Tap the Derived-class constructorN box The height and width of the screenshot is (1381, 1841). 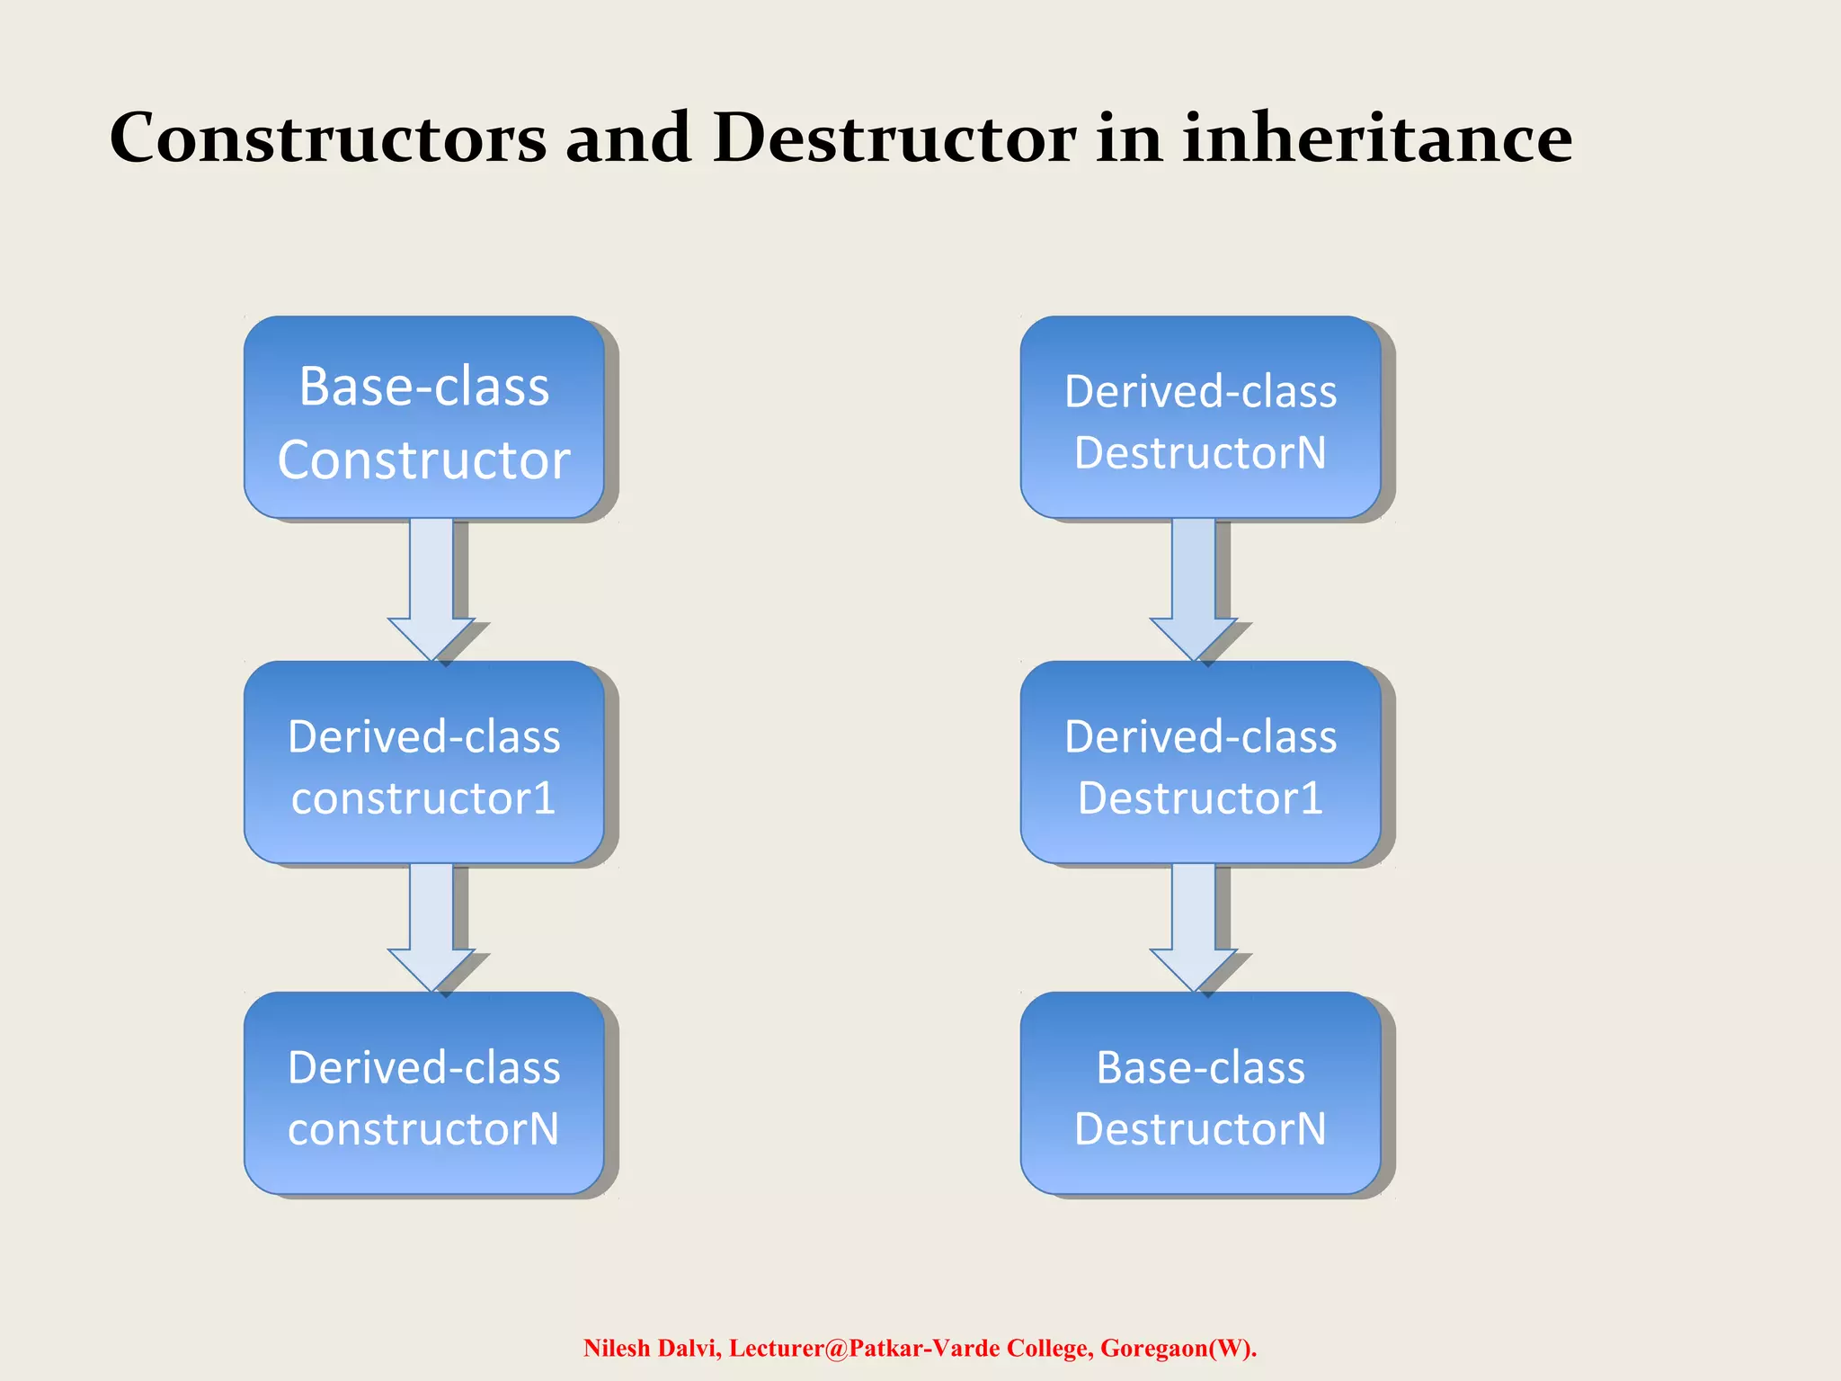(x=423, y=1092)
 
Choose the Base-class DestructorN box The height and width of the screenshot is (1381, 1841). (x=1200, y=1092)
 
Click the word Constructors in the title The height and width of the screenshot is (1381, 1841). (x=328, y=139)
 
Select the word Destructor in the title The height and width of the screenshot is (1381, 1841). (x=894, y=139)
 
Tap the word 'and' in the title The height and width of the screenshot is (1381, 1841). (x=628, y=139)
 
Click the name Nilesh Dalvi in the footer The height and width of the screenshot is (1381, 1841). (x=652, y=1348)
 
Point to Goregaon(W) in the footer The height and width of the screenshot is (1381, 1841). (x=1178, y=1348)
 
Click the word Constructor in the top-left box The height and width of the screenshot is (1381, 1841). (x=423, y=460)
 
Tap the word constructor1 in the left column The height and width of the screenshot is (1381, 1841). (x=423, y=798)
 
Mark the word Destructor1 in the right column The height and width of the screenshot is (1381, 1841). (x=1200, y=798)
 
